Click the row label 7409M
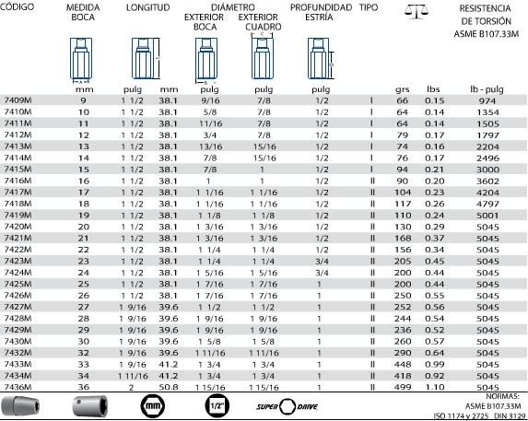coord(18,99)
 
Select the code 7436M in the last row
coord(18,387)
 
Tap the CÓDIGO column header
coord(17,6)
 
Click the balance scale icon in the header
coord(417,12)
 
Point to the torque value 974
coord(487,100)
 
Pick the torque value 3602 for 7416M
coord(487,181)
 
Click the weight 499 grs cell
coord(403,387)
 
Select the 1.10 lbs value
coord(435,387)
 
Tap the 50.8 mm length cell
coord(169,387)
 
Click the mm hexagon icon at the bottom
coord(153,406)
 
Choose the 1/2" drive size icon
coord(217,406)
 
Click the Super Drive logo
coord(287,406)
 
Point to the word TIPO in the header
coord(369,7)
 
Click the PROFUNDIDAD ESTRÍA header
coord(321,12)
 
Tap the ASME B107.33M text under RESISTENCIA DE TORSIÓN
coord(486,34)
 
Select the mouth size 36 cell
coord(84,387)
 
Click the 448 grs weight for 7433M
coord(403,364)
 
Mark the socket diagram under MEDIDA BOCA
coord(81,60)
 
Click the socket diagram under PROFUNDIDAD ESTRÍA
coord(321,59)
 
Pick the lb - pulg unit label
coord(487,89)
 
